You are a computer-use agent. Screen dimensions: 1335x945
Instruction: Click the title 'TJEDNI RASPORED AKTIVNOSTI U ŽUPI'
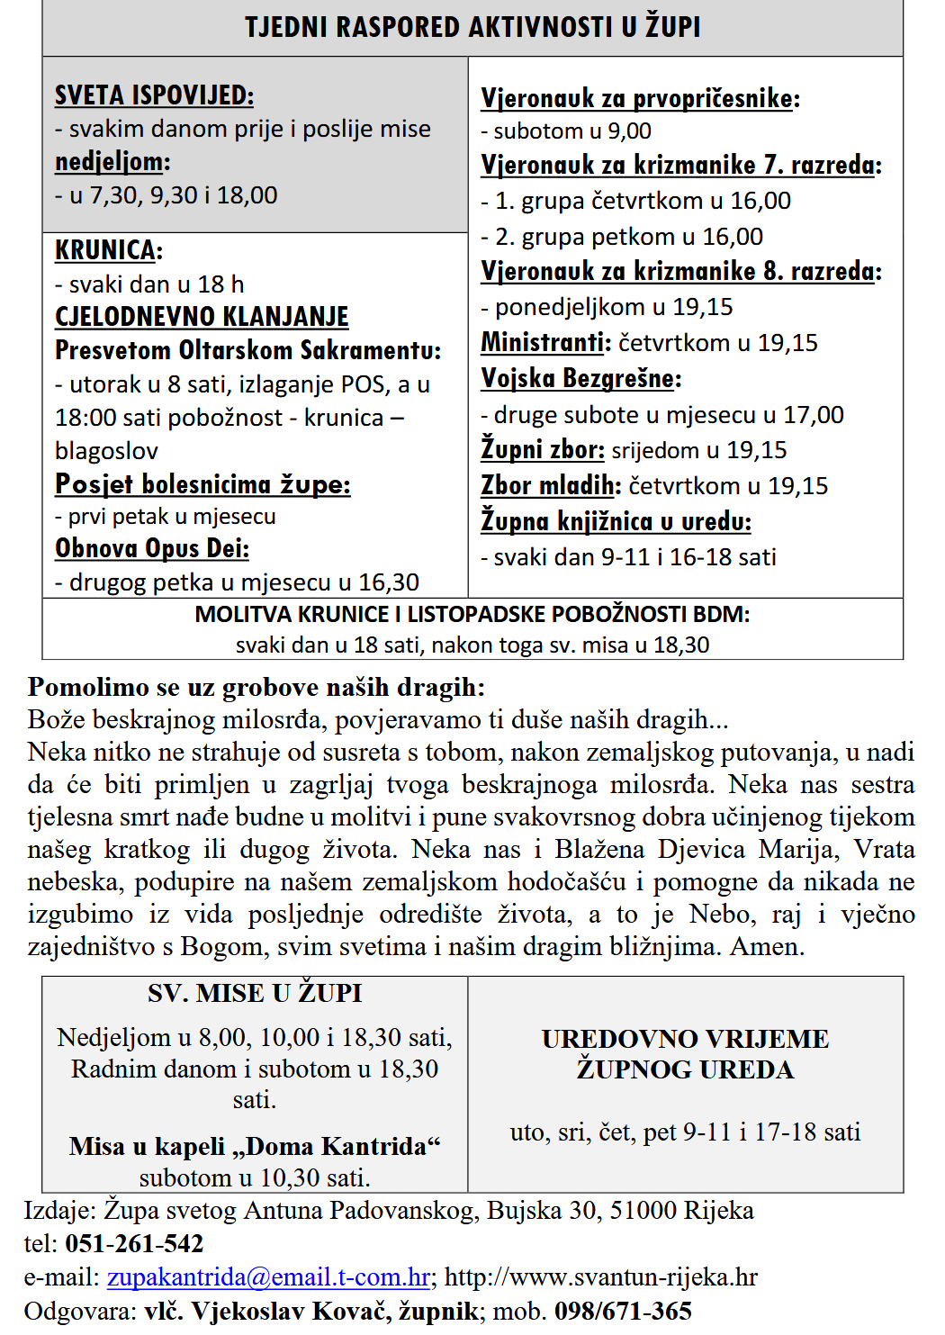[x=472, y=27]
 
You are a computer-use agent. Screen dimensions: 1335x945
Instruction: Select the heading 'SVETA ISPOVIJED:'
[x=154, y=95]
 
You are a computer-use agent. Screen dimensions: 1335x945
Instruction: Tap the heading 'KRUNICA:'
[x=108, y=250]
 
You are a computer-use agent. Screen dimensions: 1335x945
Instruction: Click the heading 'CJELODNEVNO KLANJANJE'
[x=202, y=317]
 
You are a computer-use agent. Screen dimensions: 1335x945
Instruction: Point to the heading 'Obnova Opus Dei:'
[x=151, y=548]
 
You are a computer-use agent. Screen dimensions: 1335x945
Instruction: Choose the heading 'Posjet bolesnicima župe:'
[x=202, y=484]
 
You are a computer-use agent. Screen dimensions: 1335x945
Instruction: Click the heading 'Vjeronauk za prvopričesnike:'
[x=640, y=98]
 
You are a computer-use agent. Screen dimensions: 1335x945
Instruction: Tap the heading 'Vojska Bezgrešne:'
[x=580, y=378]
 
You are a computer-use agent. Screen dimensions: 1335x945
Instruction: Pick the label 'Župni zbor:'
[x=542, y=449]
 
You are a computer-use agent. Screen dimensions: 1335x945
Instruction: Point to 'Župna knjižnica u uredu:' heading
[x=616, y=521]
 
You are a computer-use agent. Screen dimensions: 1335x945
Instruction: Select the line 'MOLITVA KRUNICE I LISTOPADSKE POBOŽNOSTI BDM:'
[x=472, y=615]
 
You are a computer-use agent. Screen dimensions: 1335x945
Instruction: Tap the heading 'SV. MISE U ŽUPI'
[x=255, y=993]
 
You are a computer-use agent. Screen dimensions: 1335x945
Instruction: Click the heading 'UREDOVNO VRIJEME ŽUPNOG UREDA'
[x=685, y=1054]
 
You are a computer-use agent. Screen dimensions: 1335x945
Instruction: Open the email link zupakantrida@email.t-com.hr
[x=268, y=1277]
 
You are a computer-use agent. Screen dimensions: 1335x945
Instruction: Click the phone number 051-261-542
[x=134, y=1244]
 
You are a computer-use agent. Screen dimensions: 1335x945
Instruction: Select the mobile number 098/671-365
[x=623, y=1311]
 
